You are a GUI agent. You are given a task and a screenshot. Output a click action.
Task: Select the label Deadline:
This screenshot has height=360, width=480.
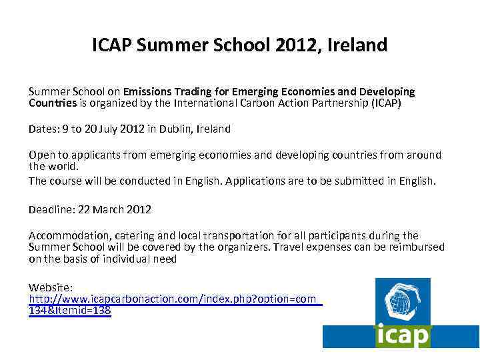(51, 209)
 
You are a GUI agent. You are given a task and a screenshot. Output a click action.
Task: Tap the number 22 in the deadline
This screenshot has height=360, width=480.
(84, 209)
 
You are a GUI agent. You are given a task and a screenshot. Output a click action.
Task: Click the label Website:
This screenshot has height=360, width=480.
(51, 288)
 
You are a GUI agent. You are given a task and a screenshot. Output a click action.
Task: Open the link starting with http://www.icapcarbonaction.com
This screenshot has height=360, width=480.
(173, 299)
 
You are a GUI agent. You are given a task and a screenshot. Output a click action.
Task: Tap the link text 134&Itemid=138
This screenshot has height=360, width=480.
(70, 311)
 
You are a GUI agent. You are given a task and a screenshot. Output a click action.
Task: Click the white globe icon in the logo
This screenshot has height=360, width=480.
(401, 302)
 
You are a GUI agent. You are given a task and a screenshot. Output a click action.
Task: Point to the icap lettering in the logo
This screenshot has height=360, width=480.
(402, 335)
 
